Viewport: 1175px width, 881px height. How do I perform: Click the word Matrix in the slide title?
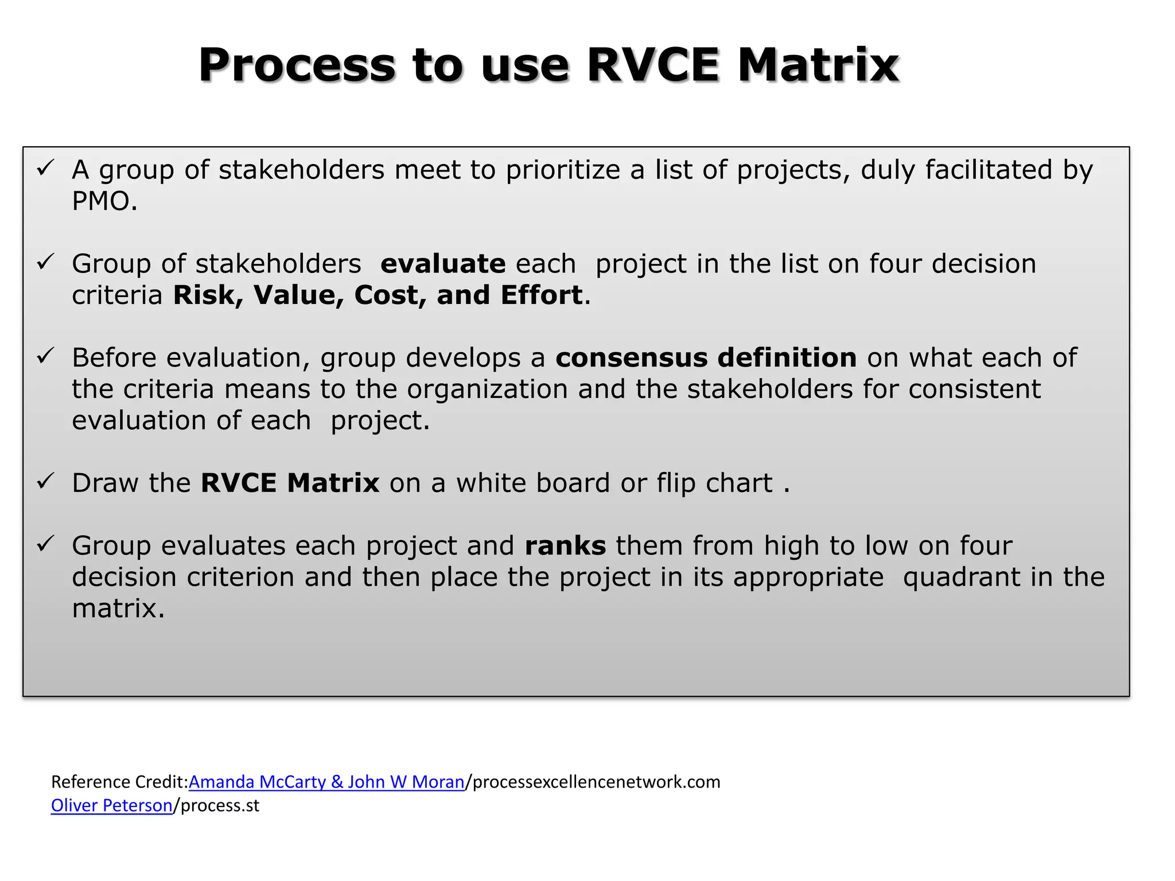click(818, 65)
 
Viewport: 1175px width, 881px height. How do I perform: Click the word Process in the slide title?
click(297, 65)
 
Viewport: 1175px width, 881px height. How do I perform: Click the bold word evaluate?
click(443, 264)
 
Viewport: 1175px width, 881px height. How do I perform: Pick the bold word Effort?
click(542, 295)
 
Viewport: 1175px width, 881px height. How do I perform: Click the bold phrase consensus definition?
click(706, 358)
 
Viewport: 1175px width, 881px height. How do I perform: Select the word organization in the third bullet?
click(487, 389)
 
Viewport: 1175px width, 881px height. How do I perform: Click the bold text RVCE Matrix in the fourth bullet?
click(290, 483)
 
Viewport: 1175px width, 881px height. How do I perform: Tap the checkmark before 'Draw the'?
click(45, 481)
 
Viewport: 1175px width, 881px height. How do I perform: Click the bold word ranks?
click(565, 545)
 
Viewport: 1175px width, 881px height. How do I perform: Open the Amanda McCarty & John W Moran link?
click(326, 782)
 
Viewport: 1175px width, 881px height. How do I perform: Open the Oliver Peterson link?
click(111, 805)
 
